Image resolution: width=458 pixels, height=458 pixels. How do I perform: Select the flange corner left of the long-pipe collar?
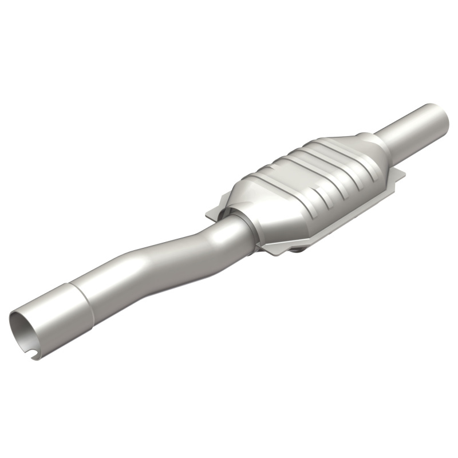(x=211, y=214)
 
